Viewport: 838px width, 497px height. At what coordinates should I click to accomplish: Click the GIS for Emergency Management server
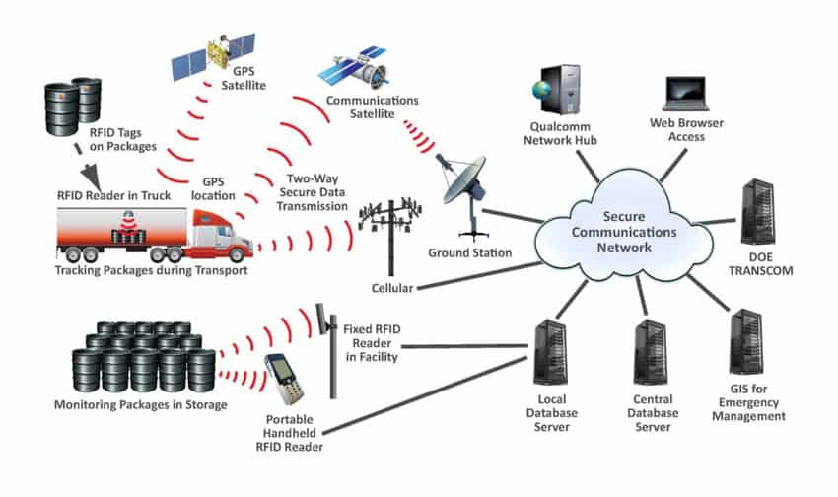pyautogui.click(x=745, y=341)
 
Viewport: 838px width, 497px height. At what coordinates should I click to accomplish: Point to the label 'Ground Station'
pyautogui.click(x=469, y=253)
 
